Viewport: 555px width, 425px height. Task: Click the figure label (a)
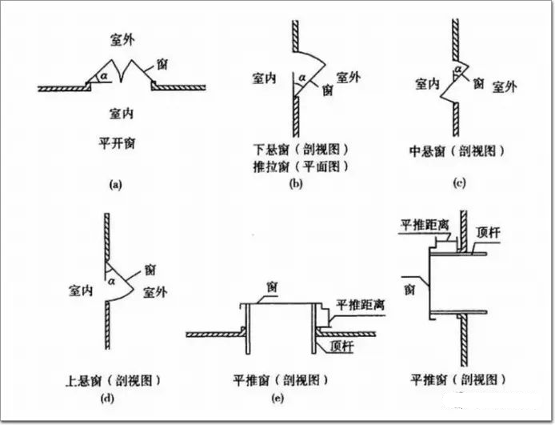pos(114,185)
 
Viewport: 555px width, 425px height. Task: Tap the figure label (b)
pos(294,185)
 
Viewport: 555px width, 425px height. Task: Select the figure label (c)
pos(458,184)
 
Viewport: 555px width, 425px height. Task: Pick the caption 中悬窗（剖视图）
pos(458,150)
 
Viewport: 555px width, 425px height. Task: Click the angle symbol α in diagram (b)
pos(301,78)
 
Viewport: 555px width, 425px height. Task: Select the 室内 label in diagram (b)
pos(264,78)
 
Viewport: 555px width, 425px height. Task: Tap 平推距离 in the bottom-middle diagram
pos(354,304)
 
